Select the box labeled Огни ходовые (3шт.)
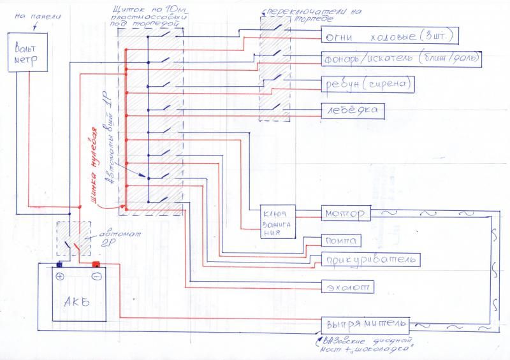coord(390,34)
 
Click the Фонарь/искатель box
coord(401,59)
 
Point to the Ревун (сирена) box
coord(368,85)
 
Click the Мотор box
coord(344,213)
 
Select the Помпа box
coord(342,240)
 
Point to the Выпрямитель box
coord(363,323)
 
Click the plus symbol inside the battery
coord(59,277)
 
